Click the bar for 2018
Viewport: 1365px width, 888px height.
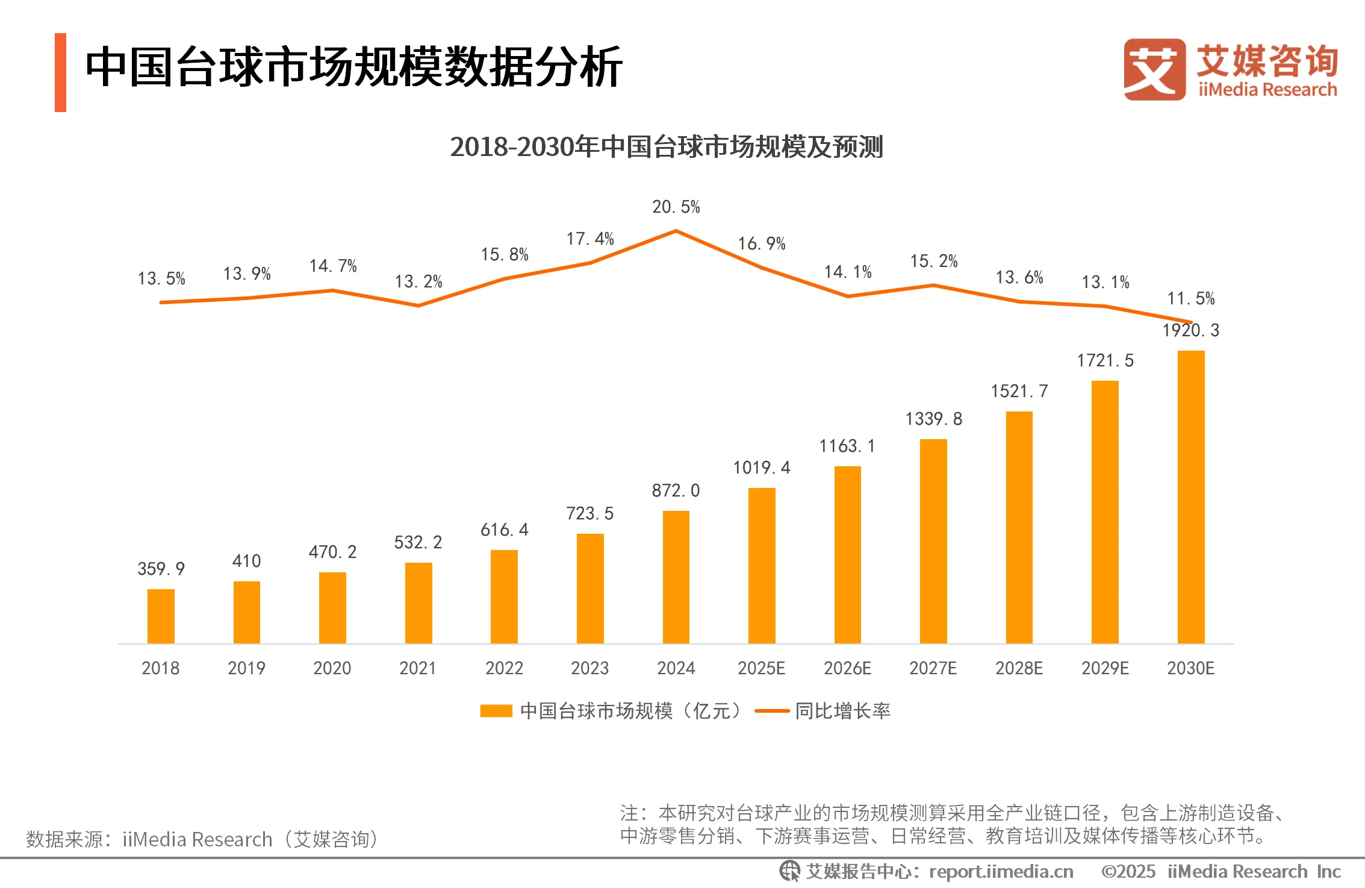point(161,616)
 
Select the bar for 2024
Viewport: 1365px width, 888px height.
point(676,577)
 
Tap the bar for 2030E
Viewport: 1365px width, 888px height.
point(1190,496)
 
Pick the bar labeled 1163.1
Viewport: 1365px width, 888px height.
point(847,554)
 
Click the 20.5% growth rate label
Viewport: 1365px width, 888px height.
point(676,207)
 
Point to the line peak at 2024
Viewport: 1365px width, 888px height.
point(676,231)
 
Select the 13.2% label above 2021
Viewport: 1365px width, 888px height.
point(418,281)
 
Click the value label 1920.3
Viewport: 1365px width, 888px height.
point(1190,330)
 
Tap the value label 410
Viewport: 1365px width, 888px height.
point(246,561)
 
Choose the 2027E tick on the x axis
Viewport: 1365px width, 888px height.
point(933,668)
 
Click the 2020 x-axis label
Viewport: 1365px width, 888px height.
point(332,668)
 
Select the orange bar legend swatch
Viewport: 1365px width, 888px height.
point(496,711)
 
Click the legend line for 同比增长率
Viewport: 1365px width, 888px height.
point(771,711)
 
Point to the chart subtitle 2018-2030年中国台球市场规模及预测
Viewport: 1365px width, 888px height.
point(666,147)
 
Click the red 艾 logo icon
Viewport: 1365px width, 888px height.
point(1154,70)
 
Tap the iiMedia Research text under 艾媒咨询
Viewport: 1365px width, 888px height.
point(1267,90)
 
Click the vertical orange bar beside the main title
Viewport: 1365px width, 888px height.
point(60,72)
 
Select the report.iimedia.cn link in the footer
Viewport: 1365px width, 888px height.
point(1001,872)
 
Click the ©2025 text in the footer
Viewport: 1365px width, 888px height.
point(1128,872)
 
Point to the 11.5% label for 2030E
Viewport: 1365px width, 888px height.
point(1190,298)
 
